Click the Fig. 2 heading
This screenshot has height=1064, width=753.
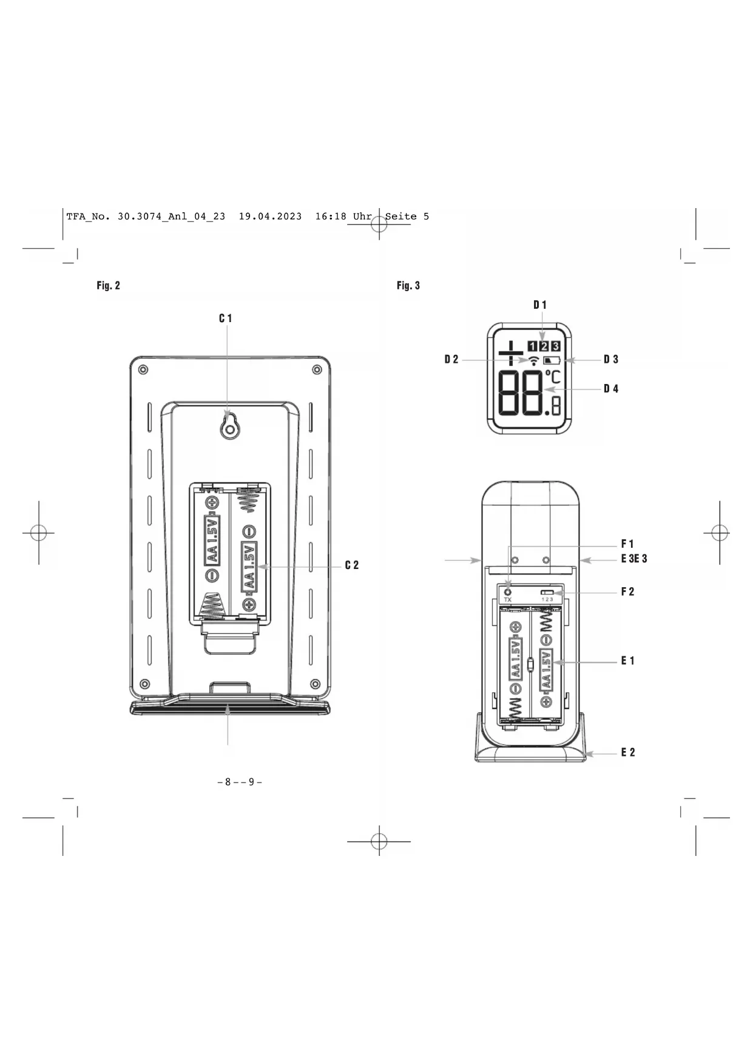pyautogui.click(x=109, y=286)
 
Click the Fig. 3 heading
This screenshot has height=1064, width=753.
pyautogui.click(x=408, y=286)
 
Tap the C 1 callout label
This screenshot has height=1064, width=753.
pyautogui.click(x=226, y=318)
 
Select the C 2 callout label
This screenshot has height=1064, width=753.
pyautogui.click(x=352, y=565)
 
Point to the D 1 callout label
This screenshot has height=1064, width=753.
pyautogui.click(x=540, y=305)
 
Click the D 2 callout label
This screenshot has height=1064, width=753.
pyautogui.click(x=451, y=360)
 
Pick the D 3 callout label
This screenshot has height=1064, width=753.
pyautogui.click(x=611, y=360)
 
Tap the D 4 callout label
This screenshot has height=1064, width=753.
pyautogui.click(x=611, y=389)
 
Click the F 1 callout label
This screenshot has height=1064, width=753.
pyautogui.click(x=627, y=544)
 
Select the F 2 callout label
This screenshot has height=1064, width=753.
pyautogui.click(x=627, y=592)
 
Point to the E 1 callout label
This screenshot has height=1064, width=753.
pyautogui.click(x=627, y=661)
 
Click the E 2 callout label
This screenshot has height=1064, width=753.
pyautogui.click(x=627, y=753)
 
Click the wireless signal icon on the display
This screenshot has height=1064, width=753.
pyautogui.click(x=533, y=361)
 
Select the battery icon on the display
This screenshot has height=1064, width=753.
pyautogui.click(x=552, y=360)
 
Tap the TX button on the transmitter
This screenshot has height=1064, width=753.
pyautogui.click(x=508, y=592)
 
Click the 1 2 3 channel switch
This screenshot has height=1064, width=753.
pyautogui.click(x=547, y=592)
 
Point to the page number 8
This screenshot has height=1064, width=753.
pyautogui.click(x=228, y=782)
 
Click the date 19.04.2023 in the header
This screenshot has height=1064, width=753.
pyautogui.click(x=270, y=217)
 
